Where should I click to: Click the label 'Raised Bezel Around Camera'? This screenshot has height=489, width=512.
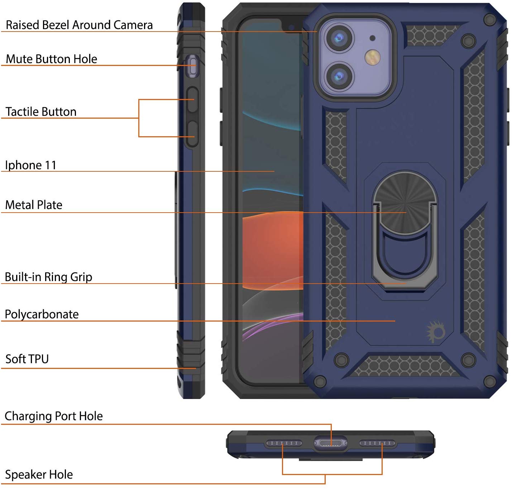tap(79, 25)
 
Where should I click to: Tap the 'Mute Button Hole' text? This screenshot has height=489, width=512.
tap(51, 59)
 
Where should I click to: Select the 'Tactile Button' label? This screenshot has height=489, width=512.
tap(41, 111)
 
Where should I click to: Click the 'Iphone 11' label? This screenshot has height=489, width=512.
tap(31, 165)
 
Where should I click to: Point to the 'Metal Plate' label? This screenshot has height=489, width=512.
tap(34, 205)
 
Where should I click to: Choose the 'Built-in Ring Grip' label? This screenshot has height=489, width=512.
tap(48, 277)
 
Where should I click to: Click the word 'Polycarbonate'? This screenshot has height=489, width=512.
tap(42, 314)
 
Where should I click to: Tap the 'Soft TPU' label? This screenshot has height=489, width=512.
tap(27, 359)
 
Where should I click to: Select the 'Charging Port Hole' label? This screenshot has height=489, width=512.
tap(53, 416)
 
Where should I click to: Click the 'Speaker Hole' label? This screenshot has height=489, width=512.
tap(39, 474)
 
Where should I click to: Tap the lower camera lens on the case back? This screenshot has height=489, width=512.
tap(339, 76)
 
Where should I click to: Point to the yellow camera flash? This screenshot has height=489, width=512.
tap(372, 57)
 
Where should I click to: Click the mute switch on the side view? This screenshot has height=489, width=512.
tap(193, 66)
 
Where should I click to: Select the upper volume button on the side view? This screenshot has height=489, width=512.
tap(192, 100)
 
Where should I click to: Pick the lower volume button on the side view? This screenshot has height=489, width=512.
tap(192, 134)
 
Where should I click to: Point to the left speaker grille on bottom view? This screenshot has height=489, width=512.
tap(283, 443)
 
